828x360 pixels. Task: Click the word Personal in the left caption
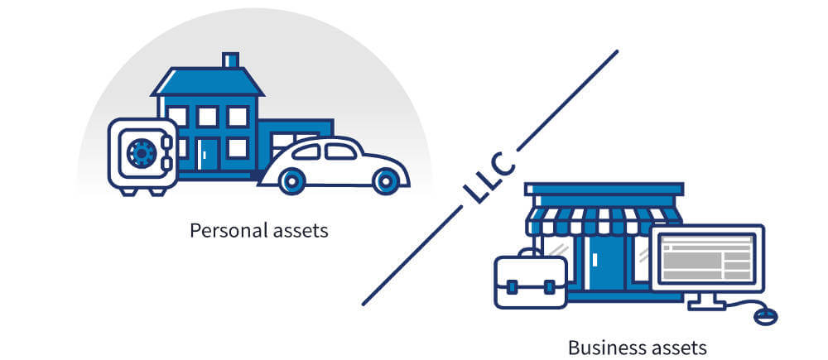(223, 230)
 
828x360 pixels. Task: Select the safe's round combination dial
(142, 152)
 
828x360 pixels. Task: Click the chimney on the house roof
(231, 60)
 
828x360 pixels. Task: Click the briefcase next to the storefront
(530, 281)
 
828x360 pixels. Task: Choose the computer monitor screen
(707, 256)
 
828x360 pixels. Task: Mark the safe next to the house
(142, 156)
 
